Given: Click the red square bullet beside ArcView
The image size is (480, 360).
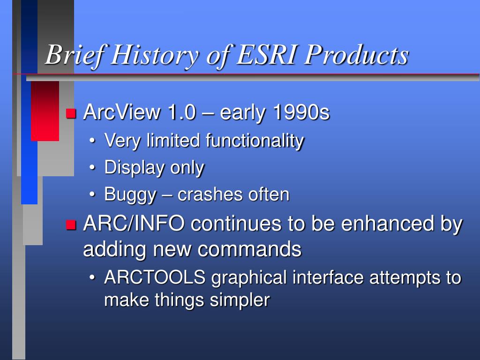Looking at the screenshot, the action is [x=71, y=113].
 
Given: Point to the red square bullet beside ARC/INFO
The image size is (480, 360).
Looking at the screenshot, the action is [x=71, y=225].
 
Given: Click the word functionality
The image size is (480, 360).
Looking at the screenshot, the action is [x=255, y=141].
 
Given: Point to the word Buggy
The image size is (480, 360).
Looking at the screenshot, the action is [x=130, y=195].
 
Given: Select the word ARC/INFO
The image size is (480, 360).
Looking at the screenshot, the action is [x=134, y=223].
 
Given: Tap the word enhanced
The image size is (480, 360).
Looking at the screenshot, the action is [x=388, y=223].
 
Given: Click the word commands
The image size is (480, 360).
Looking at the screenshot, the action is [x=249, y=249].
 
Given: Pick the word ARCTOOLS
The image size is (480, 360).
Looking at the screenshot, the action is [x=155, y=277].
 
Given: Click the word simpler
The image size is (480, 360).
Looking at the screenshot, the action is [x=240, y=300].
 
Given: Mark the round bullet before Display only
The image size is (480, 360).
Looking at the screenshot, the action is [x=92, y=168].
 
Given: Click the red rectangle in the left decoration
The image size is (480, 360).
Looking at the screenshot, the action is [x=45, y=111].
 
